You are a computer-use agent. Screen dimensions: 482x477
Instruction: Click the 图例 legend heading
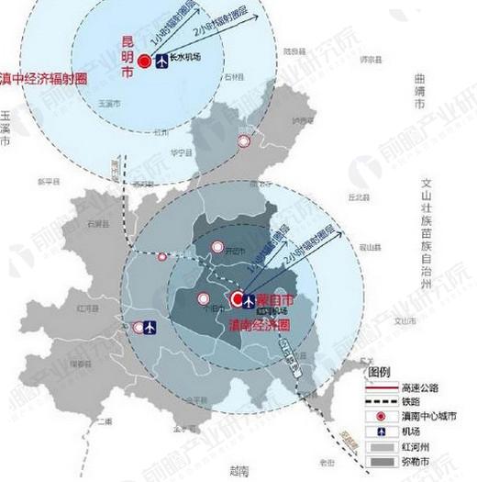coord(380,373)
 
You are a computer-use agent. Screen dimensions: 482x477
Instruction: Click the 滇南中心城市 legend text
coord(422,416)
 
